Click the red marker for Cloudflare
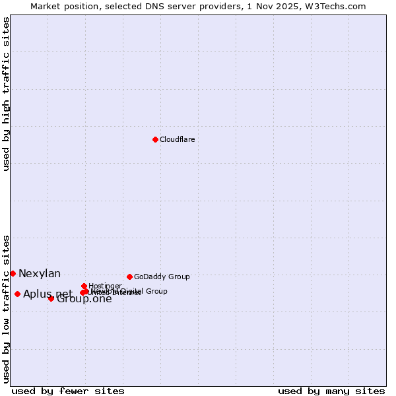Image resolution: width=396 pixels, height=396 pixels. [155, 139]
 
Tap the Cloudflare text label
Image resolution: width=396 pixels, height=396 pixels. [177, 139]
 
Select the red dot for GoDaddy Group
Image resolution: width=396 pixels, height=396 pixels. [129, 277]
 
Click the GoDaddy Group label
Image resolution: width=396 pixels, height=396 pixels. [162, 277]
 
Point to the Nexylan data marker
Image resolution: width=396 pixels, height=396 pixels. [13, 273]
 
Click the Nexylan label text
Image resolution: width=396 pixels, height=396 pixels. [40, 273]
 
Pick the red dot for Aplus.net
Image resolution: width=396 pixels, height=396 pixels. [17, 294]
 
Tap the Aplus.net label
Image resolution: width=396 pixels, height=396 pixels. [48, 294]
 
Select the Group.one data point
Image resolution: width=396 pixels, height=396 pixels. [51, 298]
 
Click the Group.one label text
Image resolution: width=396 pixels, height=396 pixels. [84, 299]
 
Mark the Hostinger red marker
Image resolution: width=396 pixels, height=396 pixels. [84, 286]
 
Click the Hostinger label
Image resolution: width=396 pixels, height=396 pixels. [105, 286]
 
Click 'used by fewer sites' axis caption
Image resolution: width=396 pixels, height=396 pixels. [68, 391]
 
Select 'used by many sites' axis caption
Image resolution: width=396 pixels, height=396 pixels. [331, 391]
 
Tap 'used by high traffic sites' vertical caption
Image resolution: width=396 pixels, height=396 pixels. [7, 94]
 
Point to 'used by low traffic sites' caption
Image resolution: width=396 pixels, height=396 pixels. [7, 308]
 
